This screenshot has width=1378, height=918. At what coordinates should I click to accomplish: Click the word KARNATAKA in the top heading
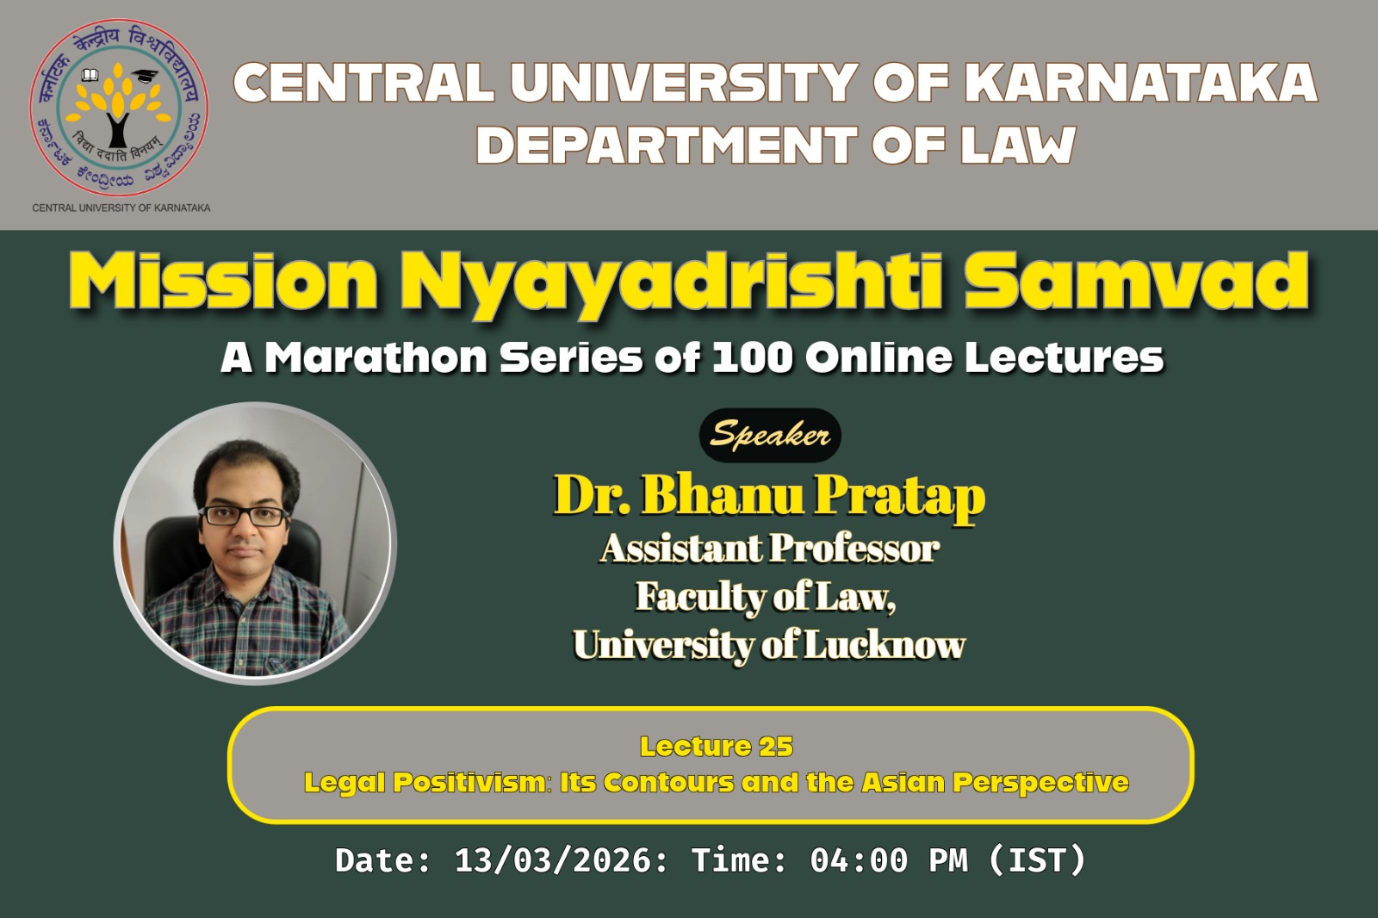pos(1142,83)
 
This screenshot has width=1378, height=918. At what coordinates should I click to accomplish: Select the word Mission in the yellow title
pos(223,281)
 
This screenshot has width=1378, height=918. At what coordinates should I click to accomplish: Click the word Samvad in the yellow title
pos(1137,281)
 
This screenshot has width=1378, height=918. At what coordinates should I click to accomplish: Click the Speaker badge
pos(770,435)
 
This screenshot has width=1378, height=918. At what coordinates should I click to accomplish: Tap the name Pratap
pos(899,497)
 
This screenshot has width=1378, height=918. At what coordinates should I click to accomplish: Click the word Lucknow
pos(885,645)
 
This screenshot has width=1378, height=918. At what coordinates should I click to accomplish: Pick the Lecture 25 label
pos(717,747)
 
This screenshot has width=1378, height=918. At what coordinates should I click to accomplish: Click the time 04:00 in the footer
pos(859,859)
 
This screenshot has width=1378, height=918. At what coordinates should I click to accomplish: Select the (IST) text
pos(1037,859)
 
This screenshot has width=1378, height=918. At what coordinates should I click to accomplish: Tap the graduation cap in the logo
pos(145,76)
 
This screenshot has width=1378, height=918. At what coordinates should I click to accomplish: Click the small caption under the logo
pos(121,208)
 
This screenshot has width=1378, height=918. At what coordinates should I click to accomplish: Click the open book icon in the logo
pos(90,75)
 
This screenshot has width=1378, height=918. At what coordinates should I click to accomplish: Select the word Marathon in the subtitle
pos(376,357)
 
